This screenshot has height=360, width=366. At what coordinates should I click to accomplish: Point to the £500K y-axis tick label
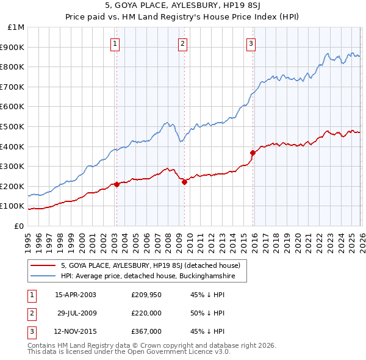(x=13, y=127)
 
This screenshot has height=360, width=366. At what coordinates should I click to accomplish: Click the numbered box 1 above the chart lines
(x=116, y=43)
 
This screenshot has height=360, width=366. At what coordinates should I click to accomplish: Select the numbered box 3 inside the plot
(x=251, y=43)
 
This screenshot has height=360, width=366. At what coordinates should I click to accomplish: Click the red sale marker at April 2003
(x=117, y=184)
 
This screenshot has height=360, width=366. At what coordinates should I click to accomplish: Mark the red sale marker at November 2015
(x=252, y=153)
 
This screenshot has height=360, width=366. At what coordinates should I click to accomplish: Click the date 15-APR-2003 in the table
(x=76, y=295)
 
